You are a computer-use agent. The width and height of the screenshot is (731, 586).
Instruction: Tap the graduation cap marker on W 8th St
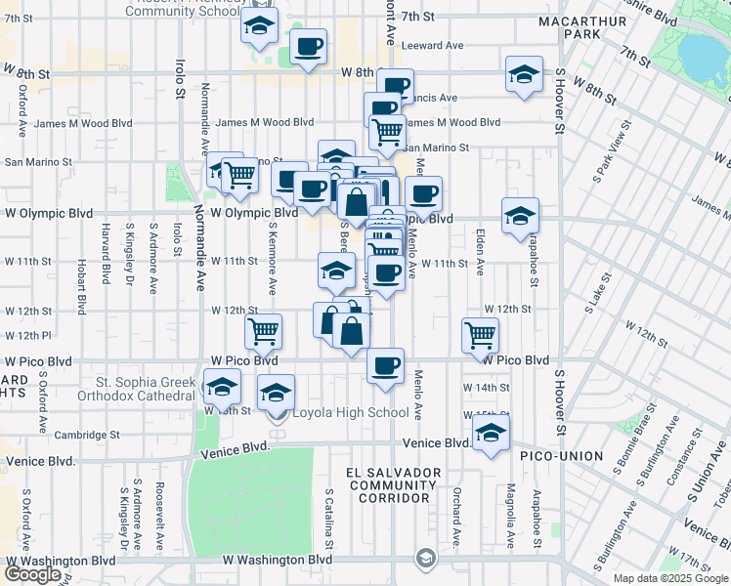524,74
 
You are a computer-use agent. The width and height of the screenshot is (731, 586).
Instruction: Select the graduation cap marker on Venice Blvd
492,434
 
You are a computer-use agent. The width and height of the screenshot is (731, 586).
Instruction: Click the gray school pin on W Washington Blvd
425,559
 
